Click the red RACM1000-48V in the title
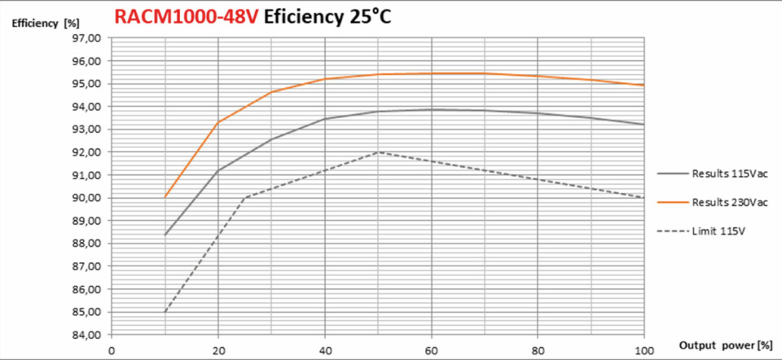(187, 16)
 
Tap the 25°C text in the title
(366, 16)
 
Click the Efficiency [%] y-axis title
(46, 24)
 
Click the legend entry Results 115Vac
(713, 174)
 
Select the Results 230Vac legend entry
(713, 203)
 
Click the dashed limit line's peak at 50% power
(378, 152)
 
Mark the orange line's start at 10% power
(165, 197)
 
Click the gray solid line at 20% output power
(218, 171)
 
